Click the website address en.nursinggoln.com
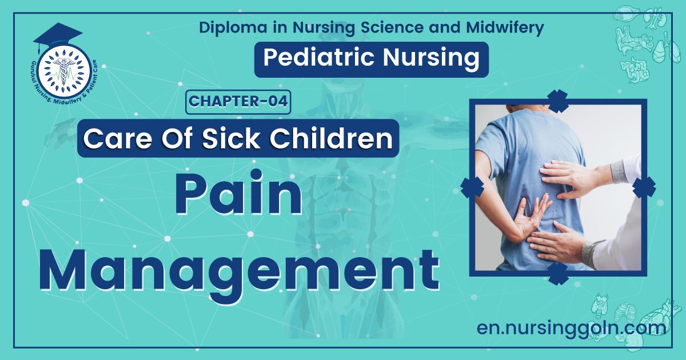tap(571, 329)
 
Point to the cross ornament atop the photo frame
tap(557, 101)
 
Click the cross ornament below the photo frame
tap(557, 273)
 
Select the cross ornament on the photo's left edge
tap(472, 187)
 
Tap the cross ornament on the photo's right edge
tap(644, 187)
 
